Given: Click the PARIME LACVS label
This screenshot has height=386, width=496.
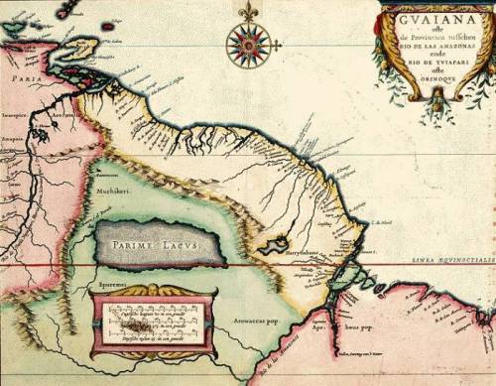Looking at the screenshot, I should (155, 243).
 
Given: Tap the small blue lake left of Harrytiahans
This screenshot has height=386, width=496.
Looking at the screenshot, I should (272, 244).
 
